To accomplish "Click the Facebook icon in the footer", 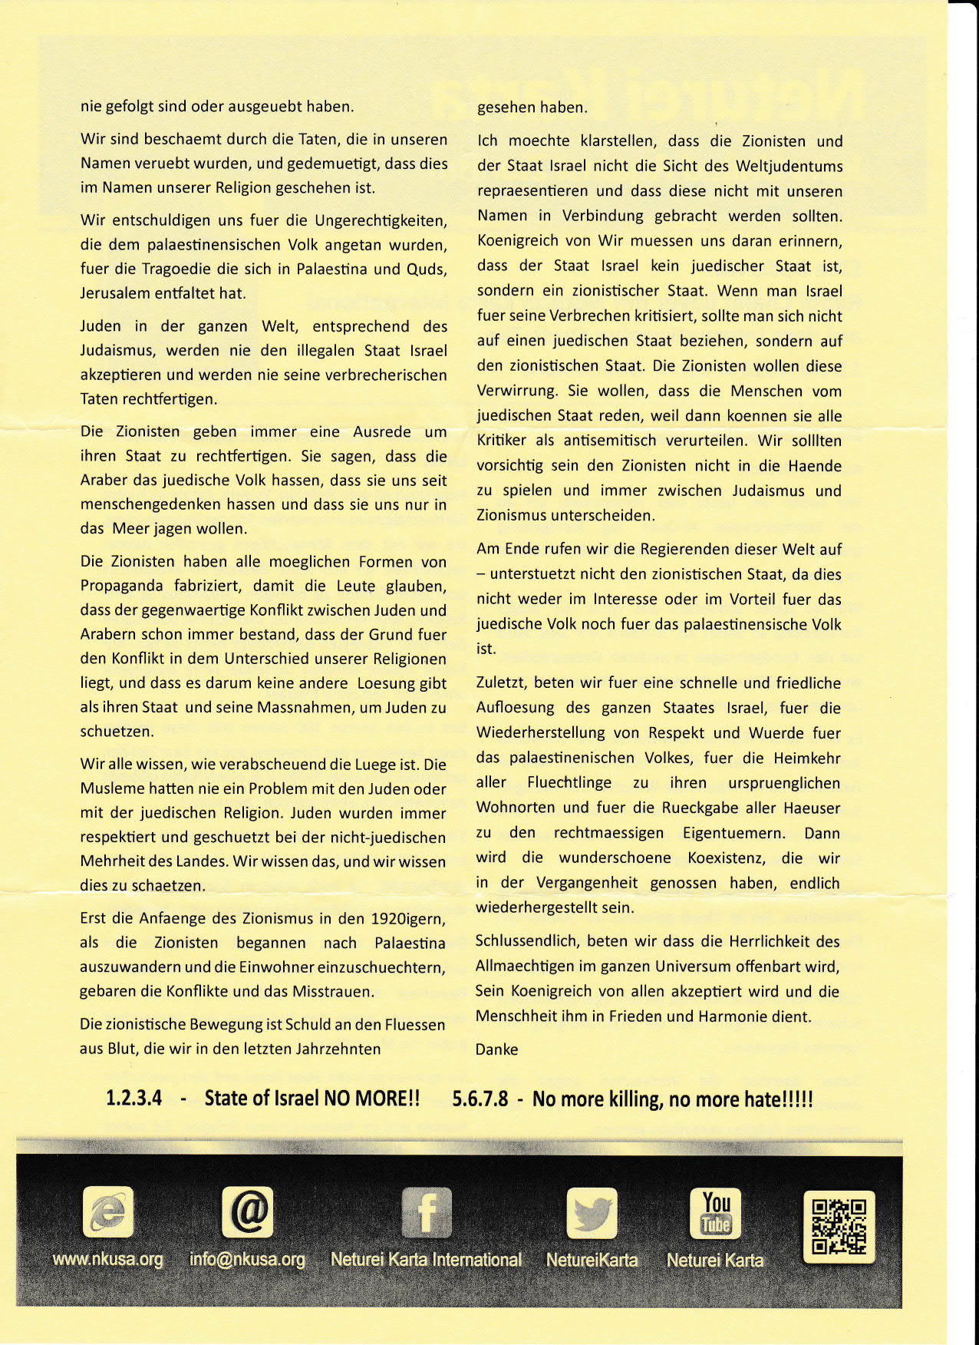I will tap(427, 1212).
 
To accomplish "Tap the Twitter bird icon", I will tap(592, 1213).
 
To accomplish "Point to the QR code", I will tap(838, 1226).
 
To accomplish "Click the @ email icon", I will tap(248, 1212).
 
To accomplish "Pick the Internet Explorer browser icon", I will tap(107, 1212).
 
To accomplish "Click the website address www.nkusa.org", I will tap(107, 1260).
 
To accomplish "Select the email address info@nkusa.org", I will tap(247, 1260).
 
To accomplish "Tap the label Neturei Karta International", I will tap(426, 1260).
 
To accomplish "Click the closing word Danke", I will tap(496, 1049).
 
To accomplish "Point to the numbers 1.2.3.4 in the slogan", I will tap(133, 1098).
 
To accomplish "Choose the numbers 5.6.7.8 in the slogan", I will tap(480, 1099).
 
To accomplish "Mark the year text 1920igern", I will tap(407, 919).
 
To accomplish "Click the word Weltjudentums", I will tap(789, 167).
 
